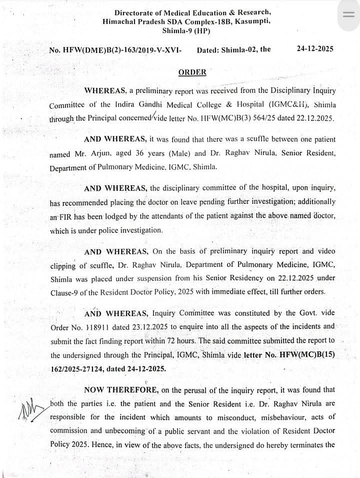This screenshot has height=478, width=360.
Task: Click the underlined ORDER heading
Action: pos(192,72)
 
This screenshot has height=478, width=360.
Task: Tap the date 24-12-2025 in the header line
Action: pos(315,49)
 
